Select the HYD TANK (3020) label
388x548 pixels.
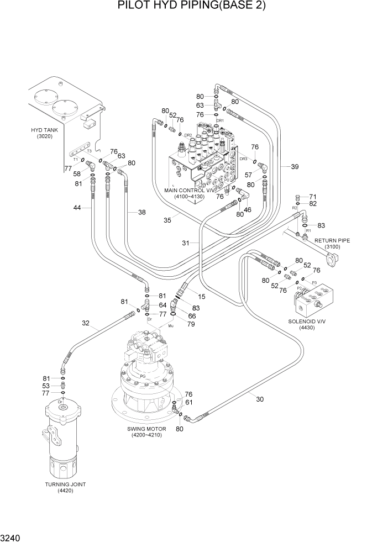[x=41, y=133]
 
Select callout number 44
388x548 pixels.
[x=78, y=208]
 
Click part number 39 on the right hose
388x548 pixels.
[x=294, y=166]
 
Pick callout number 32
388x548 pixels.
[x=86, y=323]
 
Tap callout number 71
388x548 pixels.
[x=312, y=197]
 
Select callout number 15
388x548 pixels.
[x=201, y=297]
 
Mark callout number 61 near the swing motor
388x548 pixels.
[x=188, y=402]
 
